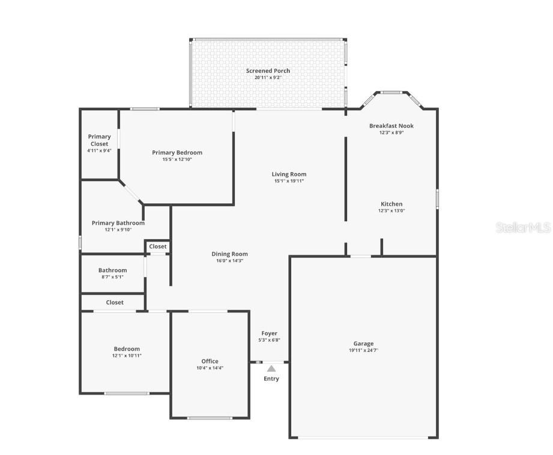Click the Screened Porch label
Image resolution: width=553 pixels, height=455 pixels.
click(x=268, y=71)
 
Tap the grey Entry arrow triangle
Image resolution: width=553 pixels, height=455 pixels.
click(x=271, y=369)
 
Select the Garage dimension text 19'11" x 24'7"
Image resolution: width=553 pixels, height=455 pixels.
click(x=363, y=351)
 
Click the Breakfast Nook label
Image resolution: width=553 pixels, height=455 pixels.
click(x=391, y=126)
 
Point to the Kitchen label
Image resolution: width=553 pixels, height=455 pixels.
click(x=391, y=204)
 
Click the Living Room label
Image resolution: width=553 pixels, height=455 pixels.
click(x=289, y=174)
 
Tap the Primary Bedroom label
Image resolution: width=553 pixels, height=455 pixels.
click(x=177, y=152)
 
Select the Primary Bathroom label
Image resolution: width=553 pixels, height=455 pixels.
click(x=118, y=223)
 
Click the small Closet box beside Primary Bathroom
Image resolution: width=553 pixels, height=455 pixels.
click(x=158, y=246)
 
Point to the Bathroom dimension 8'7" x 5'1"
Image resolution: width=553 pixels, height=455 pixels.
click(x=112, y=277)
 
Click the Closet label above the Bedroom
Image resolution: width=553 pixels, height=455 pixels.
click(x=115, y=302)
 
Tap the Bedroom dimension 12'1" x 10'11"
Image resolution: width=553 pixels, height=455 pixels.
click(x=127, y=355)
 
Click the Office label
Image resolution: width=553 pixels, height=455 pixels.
click(x=210, y=361)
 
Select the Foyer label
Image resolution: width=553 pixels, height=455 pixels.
click(x=269, y=333)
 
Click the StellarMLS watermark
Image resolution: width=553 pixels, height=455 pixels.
click(x=523, y=228)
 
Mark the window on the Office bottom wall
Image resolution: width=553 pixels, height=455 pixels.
click(x=209, y=418)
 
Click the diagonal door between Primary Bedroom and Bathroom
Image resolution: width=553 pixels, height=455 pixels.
click(x=131, y=191)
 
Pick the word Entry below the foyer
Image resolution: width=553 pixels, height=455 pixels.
click(x=271, y=378)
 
